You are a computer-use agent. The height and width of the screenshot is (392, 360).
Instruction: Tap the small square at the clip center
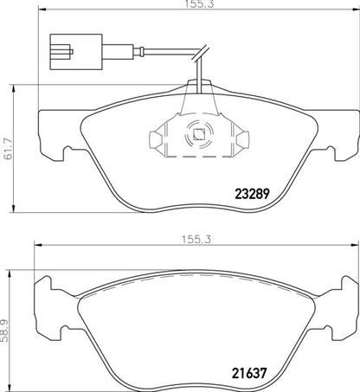click(x=196, y=134)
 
